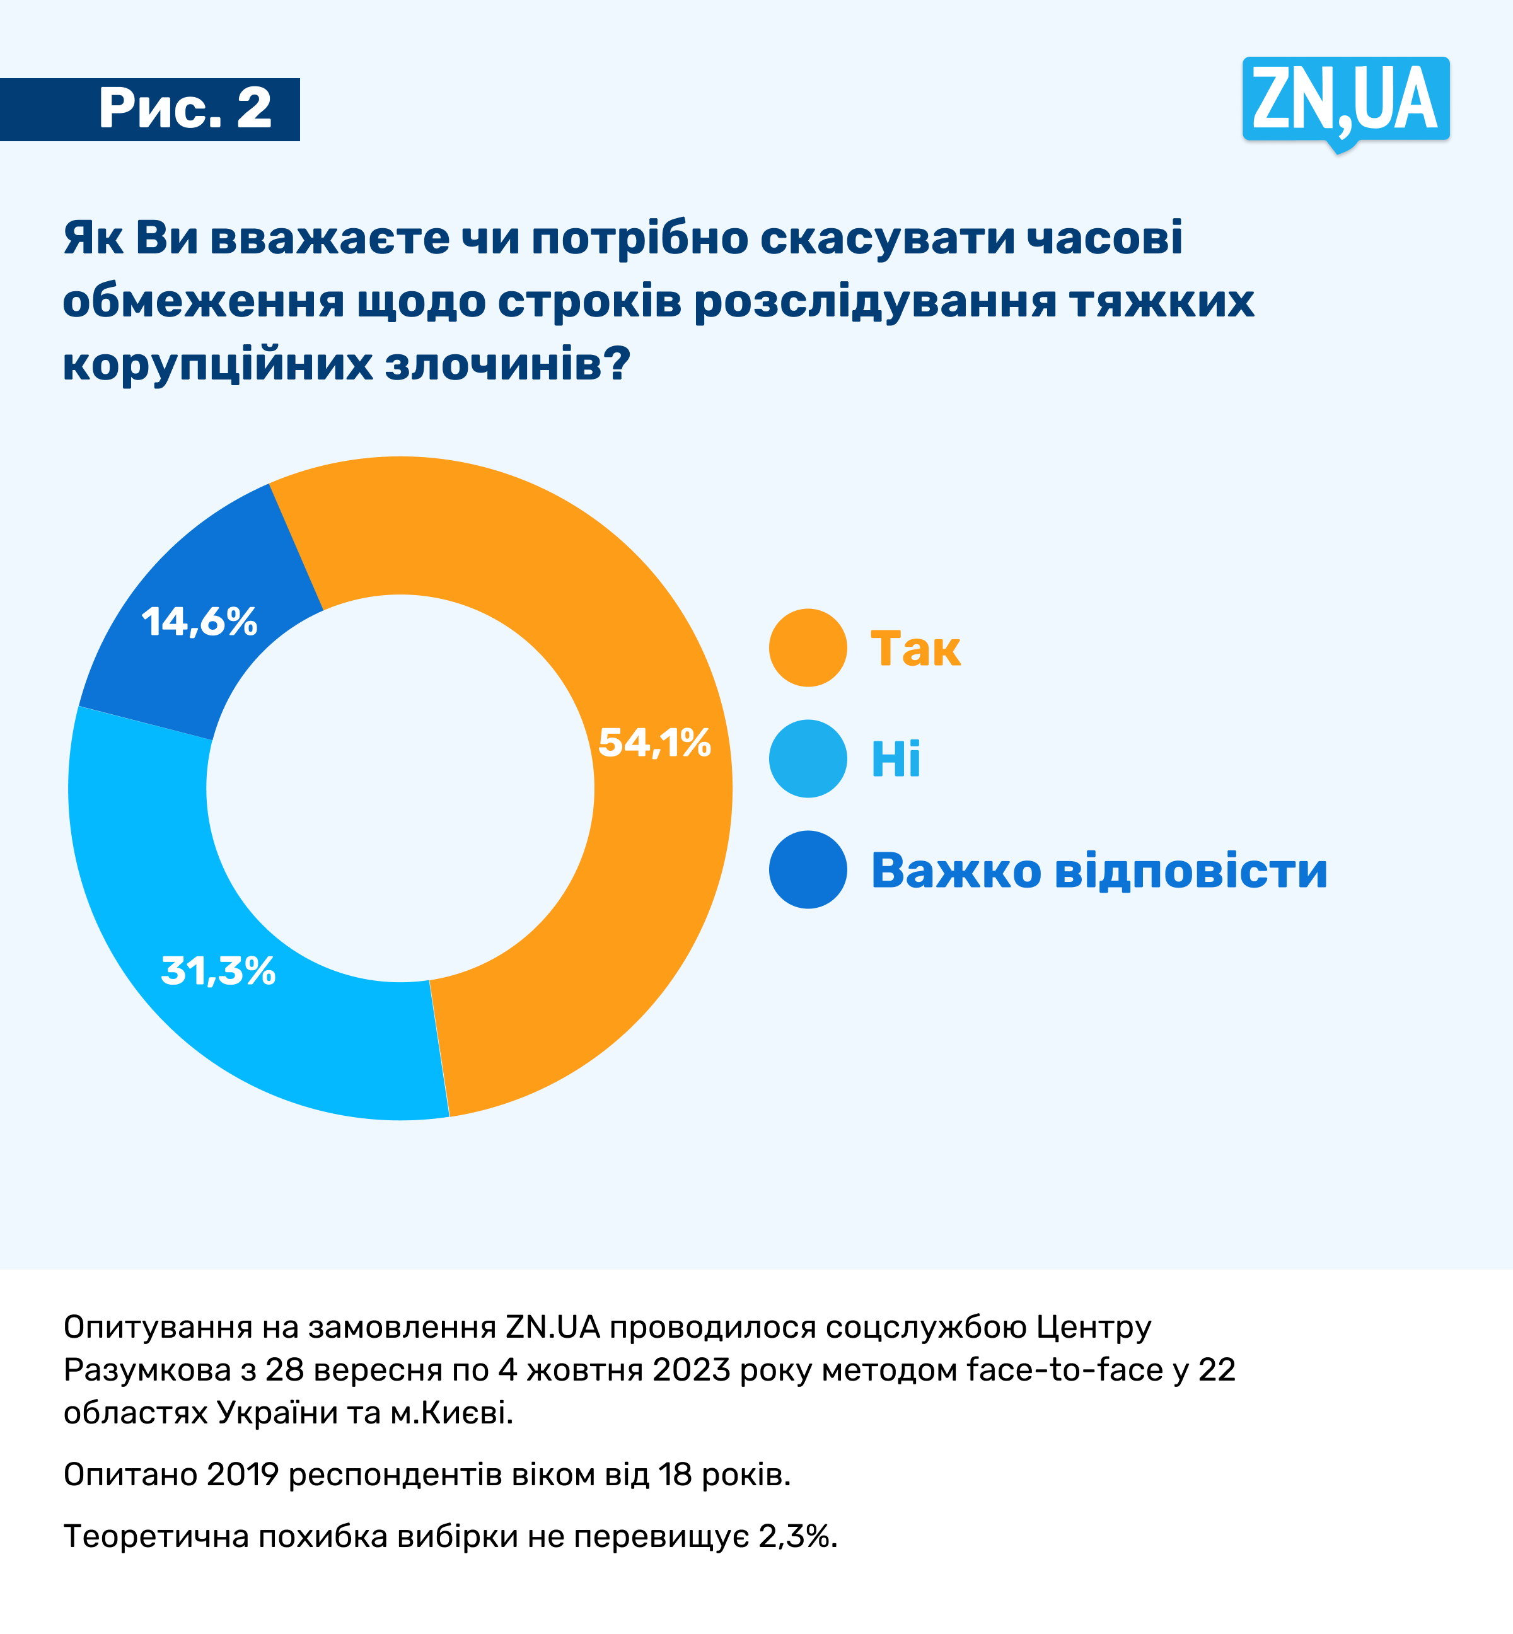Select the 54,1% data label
tap(654, 743)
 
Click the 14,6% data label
tap(200, 622)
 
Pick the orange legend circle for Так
tap(808, 647)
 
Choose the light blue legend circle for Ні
tap(808, 759)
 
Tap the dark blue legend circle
tap(808, 869)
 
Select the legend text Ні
tap(896, 760)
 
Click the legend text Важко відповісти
tap(1099, 870)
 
